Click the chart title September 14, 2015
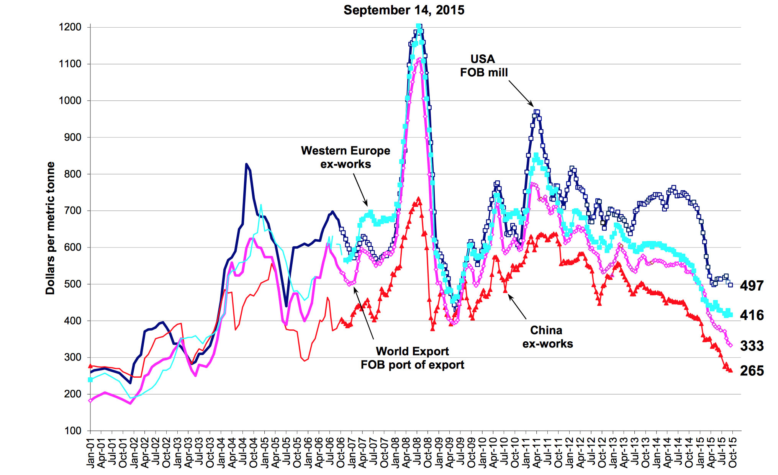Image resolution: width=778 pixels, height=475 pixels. coord(404,10)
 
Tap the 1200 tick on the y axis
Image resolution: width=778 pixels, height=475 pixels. coord(70,27)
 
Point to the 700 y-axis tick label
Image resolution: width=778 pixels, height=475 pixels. coord(72,211)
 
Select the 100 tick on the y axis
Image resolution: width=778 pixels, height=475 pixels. coord(73,431)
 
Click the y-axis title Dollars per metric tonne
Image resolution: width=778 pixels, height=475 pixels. coord(50,228)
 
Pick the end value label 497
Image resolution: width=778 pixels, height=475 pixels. coord(752,286)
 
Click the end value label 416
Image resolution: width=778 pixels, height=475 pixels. coord(752,315)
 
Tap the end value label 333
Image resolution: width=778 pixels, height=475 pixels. coord(752,346)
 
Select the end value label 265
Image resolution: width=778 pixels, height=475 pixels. coord(752,371)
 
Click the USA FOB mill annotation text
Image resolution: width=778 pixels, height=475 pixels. coord(483,66)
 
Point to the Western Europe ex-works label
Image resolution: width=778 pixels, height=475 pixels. coord(346,157)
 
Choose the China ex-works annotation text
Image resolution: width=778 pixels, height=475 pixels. coord(547,337)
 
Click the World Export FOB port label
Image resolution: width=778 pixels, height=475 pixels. coord(412,358)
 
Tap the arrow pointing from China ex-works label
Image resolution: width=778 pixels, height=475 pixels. coord(517,307)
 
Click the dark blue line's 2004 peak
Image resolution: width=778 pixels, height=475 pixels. coord(246,164)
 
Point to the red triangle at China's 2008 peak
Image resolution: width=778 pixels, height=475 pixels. coord(418,199)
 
